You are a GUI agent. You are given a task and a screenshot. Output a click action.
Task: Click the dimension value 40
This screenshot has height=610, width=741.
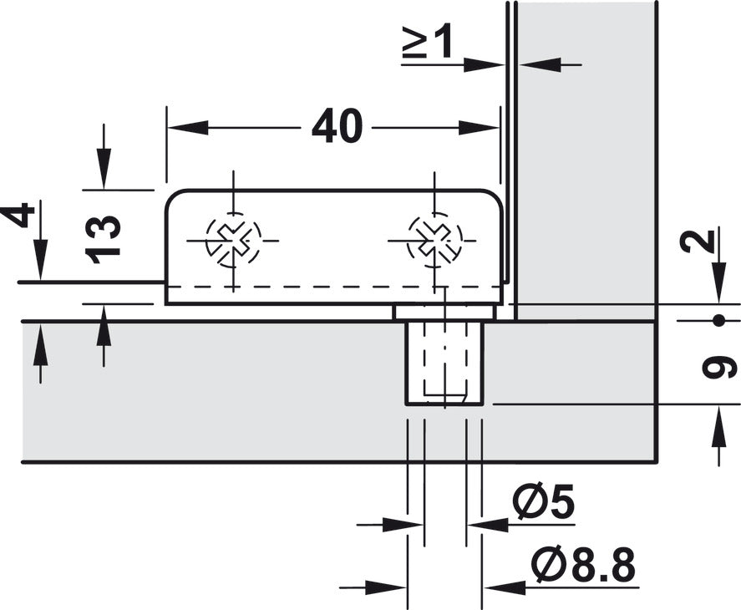[338, 128]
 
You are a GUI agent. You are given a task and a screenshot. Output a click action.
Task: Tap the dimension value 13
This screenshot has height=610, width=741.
[106, 240]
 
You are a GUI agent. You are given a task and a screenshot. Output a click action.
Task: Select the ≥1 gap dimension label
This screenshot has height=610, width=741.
[427, 43]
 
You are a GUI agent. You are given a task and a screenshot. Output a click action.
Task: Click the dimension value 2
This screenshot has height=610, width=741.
[708, 241]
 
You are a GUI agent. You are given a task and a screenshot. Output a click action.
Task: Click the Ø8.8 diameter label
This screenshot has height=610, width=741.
[582, 567]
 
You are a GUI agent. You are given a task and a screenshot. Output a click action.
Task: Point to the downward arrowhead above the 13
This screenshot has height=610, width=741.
[104, 176]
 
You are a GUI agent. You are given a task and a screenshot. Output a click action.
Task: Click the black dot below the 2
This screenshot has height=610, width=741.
[718, 321]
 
